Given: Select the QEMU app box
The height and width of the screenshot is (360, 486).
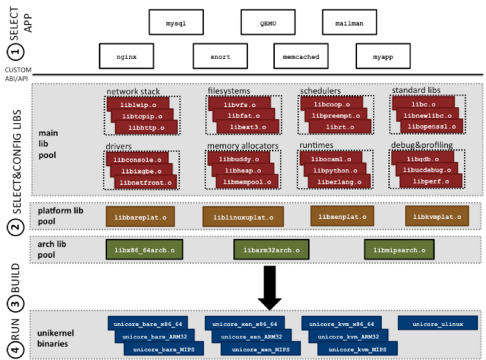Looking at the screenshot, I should tap(267, 22).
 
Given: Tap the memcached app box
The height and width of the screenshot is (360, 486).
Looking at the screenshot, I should tap(297, 56).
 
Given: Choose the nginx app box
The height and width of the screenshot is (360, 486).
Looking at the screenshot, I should tap(126, 56).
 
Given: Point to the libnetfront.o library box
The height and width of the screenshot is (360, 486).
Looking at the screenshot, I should tap(146, 182).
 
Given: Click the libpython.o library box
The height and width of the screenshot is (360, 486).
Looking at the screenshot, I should tap(333, 170).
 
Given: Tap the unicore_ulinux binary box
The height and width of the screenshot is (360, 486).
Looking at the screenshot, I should tap(437, 323).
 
